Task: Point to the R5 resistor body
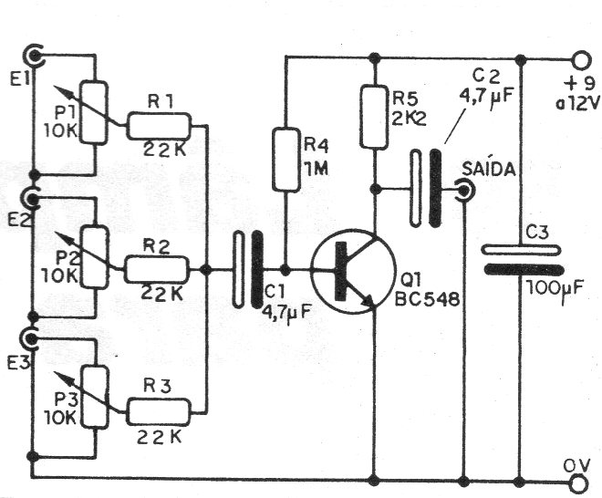pyautogui.click(x=374, y=117)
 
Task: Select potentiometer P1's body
pyautogui.click(x=95, y=112)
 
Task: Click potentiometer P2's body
pyautogui.click(x=95, y=255)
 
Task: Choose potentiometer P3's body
pyautogui.click(x=95, y=397)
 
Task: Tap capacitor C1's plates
pyautogui.click(x=247, y=270)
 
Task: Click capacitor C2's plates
pyautogui.click(x=425, y=190)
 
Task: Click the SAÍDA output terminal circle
pyautogui.click(x=464, y=191)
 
